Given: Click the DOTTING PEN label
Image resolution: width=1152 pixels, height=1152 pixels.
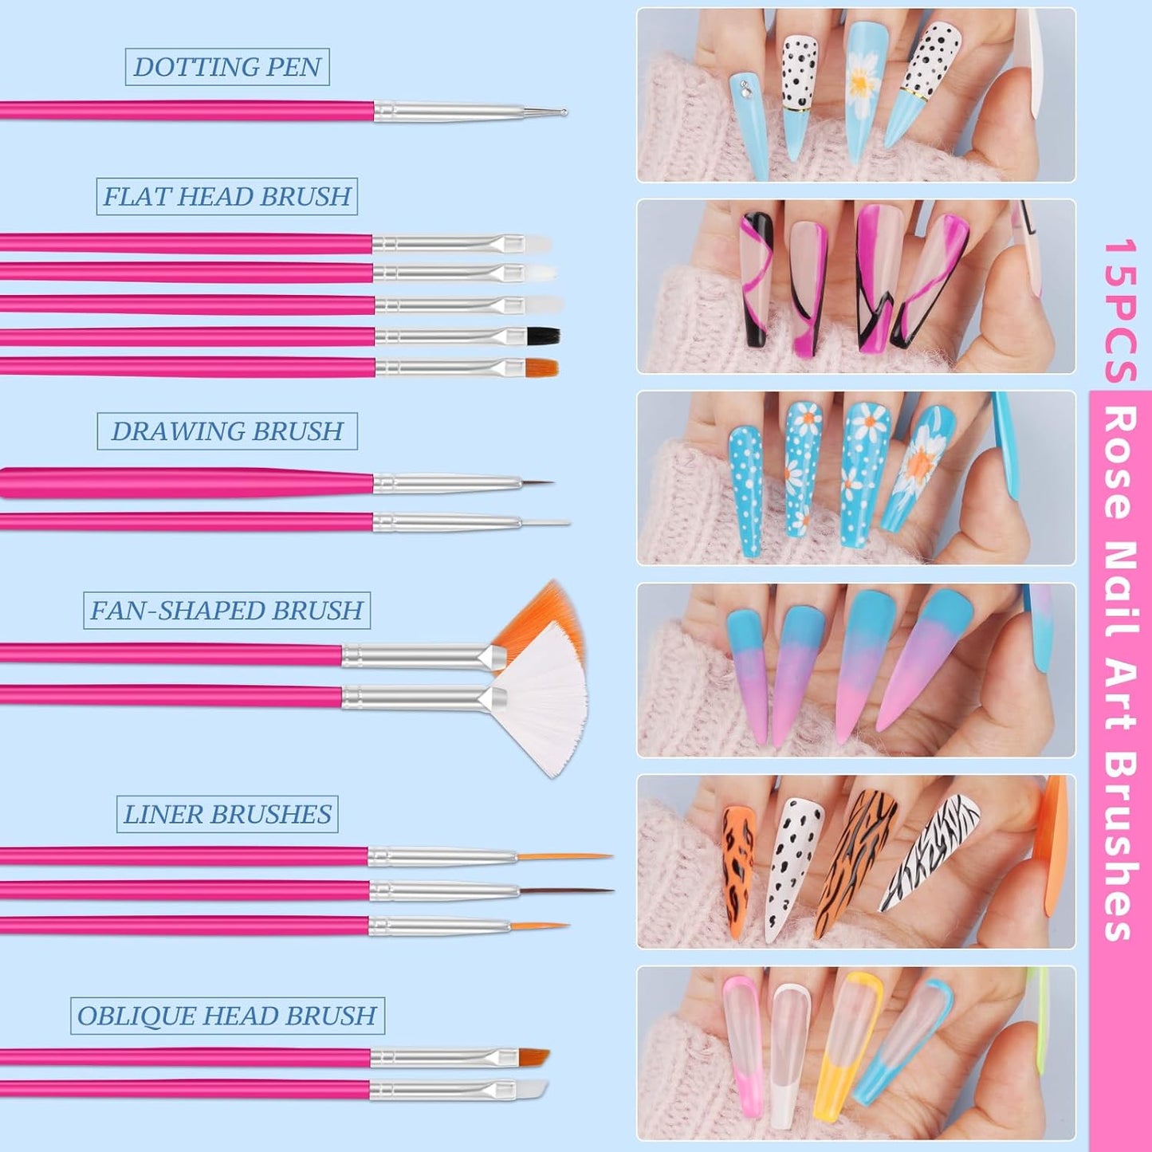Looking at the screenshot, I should [227, 67].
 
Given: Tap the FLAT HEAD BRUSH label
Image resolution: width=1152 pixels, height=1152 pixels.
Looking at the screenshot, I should [227, 196].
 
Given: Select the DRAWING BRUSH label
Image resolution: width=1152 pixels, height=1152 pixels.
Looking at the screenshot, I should [227, 431].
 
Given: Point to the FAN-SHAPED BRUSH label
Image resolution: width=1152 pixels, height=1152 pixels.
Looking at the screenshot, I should [227, 611].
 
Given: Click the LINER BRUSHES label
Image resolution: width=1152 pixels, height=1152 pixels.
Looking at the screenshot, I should [227, 814].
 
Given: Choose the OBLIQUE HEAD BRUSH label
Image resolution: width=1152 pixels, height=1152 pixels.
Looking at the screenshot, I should [227, 1016].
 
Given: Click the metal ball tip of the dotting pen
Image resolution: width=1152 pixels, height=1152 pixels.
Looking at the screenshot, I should [564, 112].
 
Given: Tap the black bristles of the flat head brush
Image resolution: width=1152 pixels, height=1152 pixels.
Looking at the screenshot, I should [544, 336].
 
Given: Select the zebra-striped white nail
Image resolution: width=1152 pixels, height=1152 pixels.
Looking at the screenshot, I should [929, 853].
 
